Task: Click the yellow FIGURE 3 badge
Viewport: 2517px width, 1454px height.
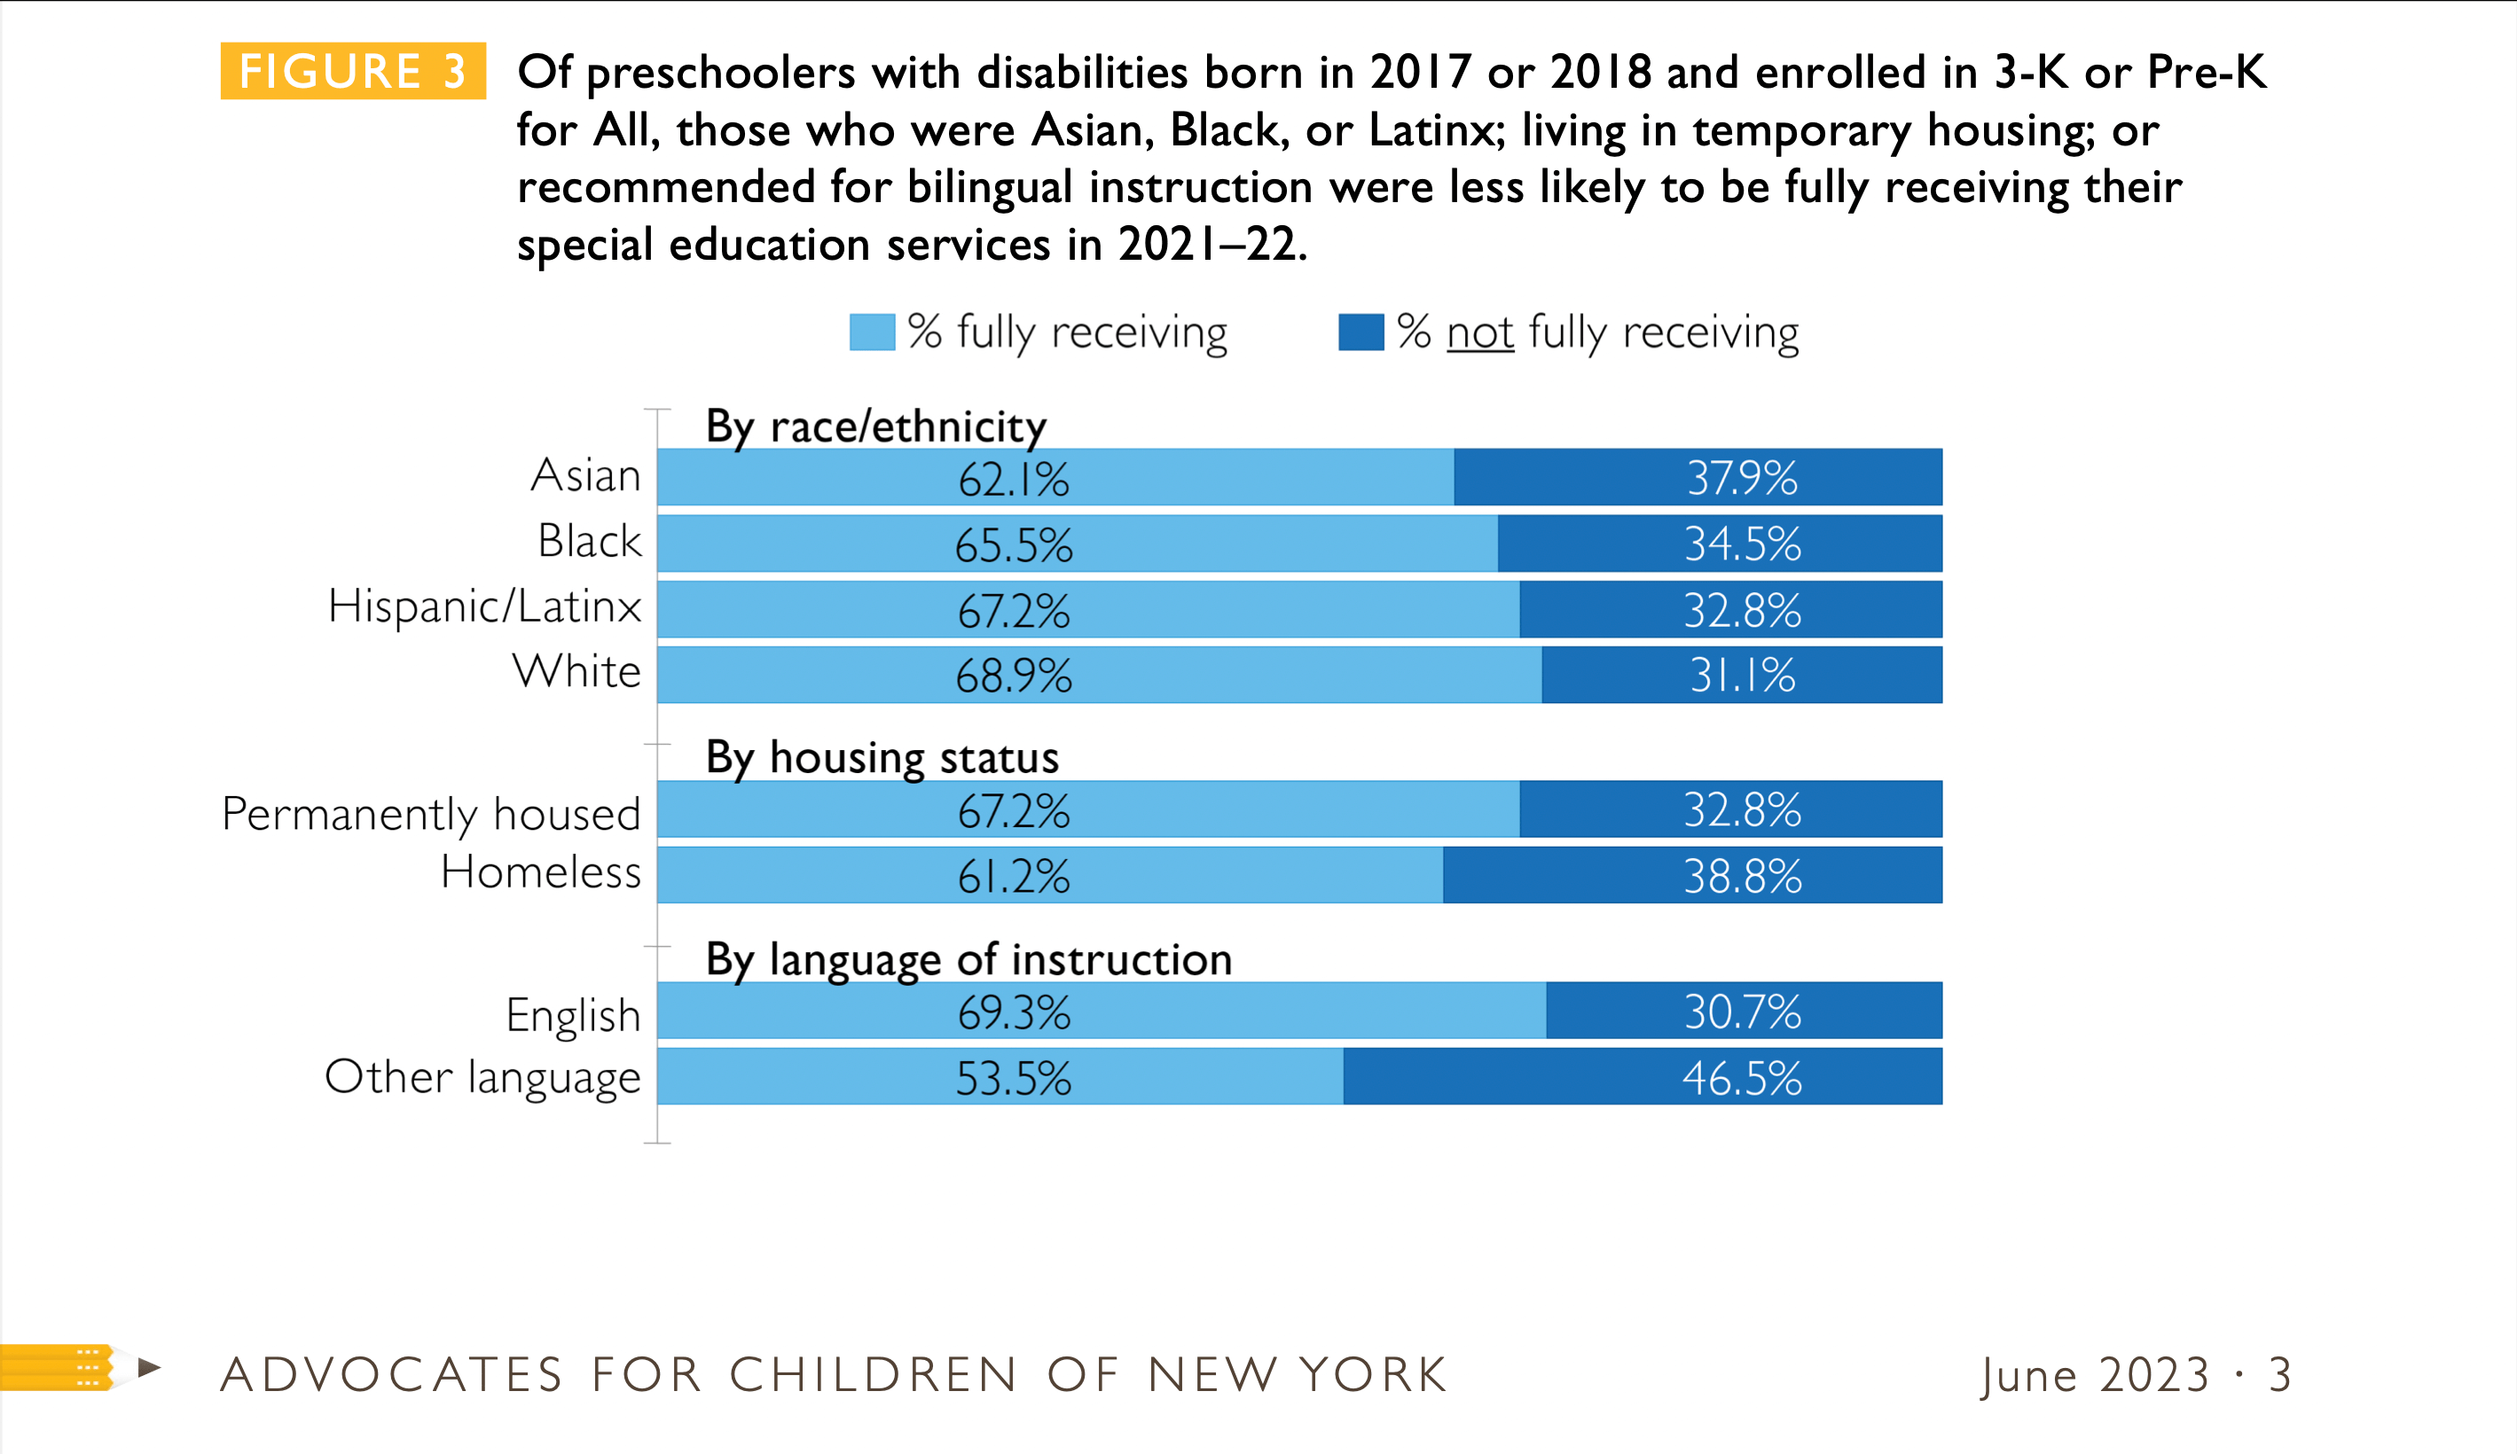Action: [353, 71]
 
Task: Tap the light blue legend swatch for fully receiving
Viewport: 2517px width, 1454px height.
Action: [871, 332]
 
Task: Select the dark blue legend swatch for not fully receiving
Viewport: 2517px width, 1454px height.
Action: [1360, 332]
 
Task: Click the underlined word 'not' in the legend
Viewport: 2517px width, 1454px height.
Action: [1480, 332]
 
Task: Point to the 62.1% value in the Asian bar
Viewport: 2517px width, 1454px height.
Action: [1013, 480]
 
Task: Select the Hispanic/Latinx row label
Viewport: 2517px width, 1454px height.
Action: [484, 606]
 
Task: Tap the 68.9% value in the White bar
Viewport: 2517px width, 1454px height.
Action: [1013, 676]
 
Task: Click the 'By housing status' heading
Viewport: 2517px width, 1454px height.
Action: [882, 757]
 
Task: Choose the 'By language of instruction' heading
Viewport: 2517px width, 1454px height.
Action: [968, 959]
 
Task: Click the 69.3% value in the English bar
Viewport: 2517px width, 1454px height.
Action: [1013, 1012]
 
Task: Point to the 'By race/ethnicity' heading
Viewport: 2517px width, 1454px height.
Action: [876, 426]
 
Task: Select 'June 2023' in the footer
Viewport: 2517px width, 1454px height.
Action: [2095, 1375]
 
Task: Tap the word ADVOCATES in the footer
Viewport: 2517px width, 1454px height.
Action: [391, 1375]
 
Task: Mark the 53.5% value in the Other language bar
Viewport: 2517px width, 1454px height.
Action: [1013, 1078]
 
